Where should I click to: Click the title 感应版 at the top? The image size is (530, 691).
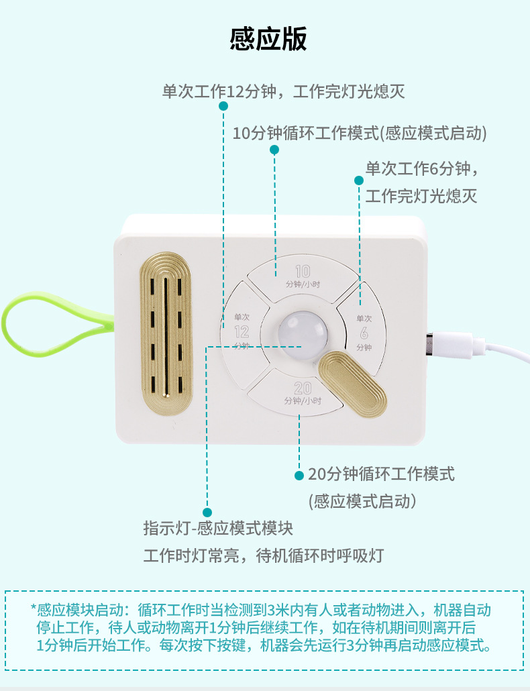[268, 39]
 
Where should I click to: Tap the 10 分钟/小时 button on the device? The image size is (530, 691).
[303, 276]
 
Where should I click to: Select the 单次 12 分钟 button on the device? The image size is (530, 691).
[241, 329]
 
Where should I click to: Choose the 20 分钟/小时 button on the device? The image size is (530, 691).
[302, 392]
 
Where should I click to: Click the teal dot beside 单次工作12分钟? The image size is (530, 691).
[223, 106]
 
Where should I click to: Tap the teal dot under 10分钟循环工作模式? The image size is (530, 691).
[274, 150]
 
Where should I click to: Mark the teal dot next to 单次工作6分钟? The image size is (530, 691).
[359, 180]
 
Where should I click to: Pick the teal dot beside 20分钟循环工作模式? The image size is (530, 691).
[299, 475]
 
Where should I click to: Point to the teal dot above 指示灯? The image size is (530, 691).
[207, 512]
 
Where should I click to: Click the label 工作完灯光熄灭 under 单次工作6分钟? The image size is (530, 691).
[421, 196]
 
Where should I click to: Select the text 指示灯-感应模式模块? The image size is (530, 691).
[218, 529]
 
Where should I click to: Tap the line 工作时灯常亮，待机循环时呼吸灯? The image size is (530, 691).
[263, 555]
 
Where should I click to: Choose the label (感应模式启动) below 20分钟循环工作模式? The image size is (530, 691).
[362, 501]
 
